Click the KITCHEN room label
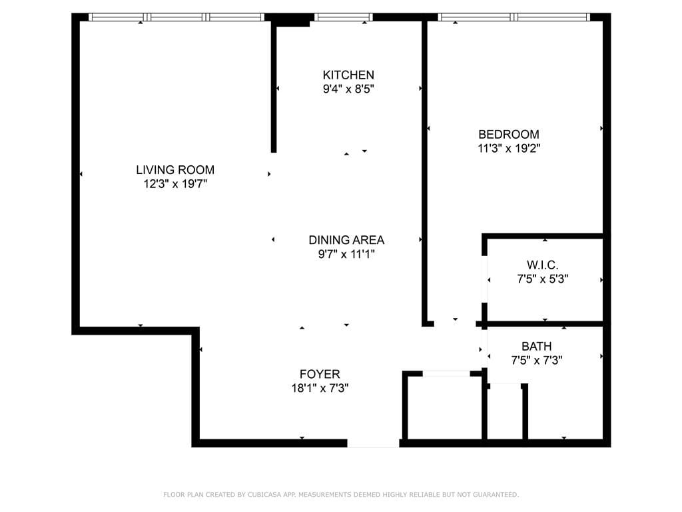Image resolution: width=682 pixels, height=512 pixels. pos(348,75)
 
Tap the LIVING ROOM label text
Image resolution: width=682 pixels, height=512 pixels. pos(175,170)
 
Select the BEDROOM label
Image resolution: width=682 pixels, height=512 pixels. pos(508,134)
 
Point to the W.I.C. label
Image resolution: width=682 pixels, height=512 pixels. pos(542,265)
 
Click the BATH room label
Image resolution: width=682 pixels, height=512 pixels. pos(536,346)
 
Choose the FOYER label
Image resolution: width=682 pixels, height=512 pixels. pos(320,374)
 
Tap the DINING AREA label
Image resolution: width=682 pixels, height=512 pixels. pos(346,240)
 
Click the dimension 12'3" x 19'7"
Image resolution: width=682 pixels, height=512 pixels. pos(175,184)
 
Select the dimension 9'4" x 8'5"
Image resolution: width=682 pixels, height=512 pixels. pos(348,89)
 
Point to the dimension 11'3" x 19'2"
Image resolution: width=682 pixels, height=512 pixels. pos(508,149)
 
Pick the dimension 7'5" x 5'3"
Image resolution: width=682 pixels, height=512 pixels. pos(542,279)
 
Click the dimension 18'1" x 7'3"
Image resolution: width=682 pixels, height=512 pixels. pos(320,388)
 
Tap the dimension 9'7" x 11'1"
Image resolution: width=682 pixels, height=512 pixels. pos(346,254)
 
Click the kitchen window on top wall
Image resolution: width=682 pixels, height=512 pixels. pos(342,17)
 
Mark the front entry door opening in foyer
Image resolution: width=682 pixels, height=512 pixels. pos(372,443)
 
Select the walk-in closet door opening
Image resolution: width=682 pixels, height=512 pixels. pos(486,279)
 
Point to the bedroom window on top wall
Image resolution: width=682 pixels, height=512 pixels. pos(513,17)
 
